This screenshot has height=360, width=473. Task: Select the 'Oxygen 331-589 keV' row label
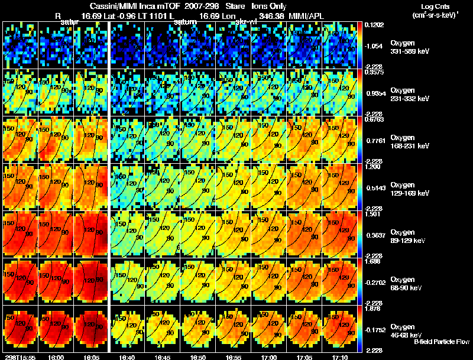click(409, 47)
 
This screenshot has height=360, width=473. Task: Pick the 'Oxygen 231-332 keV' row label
click(409, 94)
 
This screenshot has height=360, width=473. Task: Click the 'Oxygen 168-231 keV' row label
click(409, 141)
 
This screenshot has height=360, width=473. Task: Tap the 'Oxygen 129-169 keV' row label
click(409, 189)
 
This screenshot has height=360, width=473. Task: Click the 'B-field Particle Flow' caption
click(441, 342)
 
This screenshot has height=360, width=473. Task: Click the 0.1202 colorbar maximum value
click(374, 25)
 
